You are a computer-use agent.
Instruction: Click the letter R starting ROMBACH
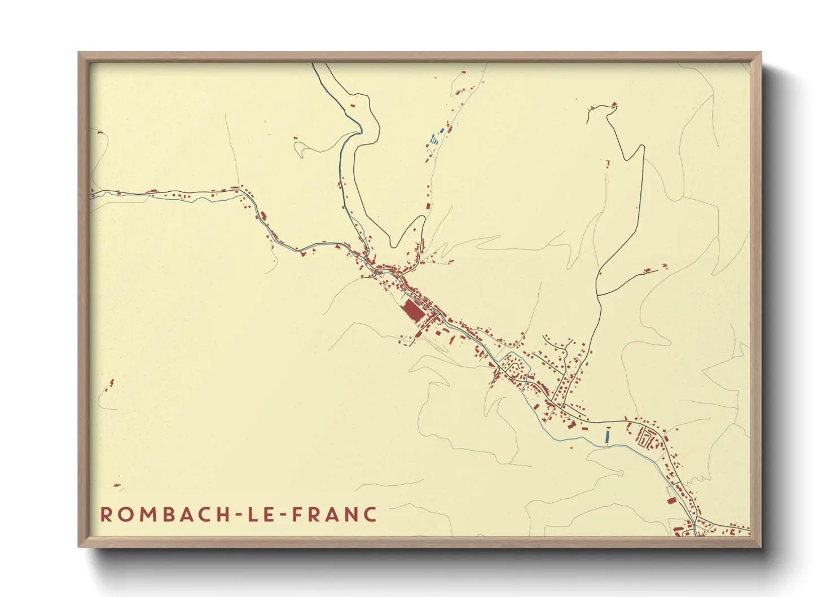[x=106, y=515]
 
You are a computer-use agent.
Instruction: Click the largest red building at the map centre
[x=414, y=311]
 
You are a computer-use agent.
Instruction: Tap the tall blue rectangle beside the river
[x=608, y=436]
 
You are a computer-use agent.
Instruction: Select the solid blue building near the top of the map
[x=442, y=131]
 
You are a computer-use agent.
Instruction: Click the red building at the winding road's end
[x=614, y=104]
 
